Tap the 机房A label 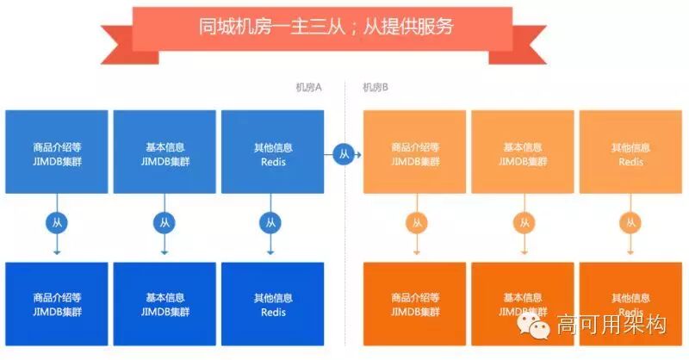(x=308, y=87)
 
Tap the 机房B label (x=376, y=87)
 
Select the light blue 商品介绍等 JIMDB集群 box (x=57, y=152)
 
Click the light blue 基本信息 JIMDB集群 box (x=164, y=152)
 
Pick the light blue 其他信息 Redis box (x=272, y=152)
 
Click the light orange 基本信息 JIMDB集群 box (x=523, y=152)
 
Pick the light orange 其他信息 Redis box (x=630, y=152)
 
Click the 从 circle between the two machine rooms (x=344, y=155)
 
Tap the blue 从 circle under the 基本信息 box (x=164, y=223)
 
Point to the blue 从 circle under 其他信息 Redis (x=270, y=223)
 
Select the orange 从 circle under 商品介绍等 (x=416, y=223)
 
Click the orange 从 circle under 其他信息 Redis (x=630, y=223)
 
